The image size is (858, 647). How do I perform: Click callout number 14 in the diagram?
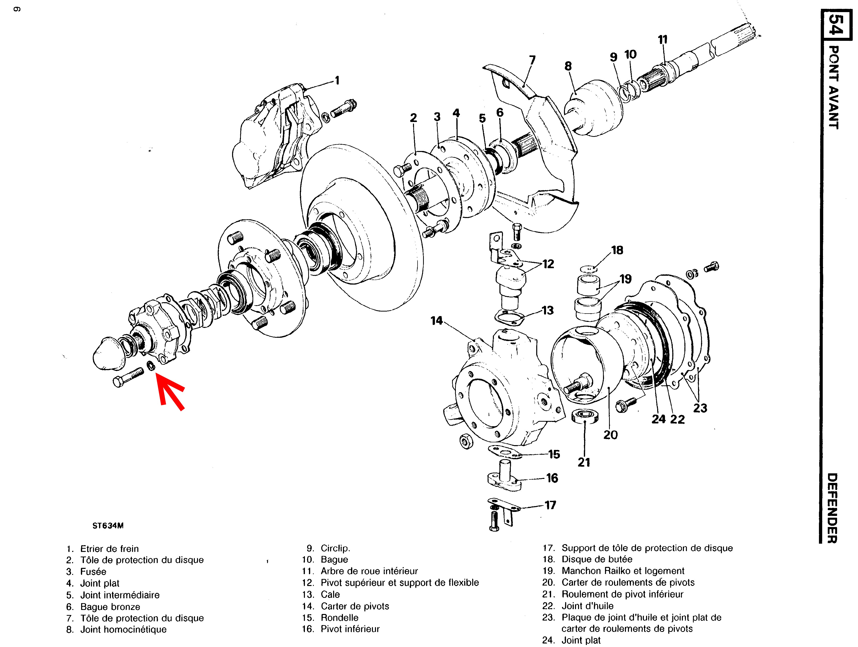436,321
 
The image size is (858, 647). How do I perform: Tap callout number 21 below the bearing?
584,462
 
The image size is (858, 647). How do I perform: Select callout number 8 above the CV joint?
568,66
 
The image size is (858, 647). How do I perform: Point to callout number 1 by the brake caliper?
337,80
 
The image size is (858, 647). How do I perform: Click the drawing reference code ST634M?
108,526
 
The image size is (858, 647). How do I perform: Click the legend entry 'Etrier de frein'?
109,548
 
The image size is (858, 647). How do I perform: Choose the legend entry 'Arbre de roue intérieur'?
369,571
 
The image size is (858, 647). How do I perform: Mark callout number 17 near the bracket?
550,505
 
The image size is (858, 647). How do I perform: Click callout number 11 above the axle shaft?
662,40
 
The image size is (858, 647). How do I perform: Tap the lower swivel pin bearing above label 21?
585,416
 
